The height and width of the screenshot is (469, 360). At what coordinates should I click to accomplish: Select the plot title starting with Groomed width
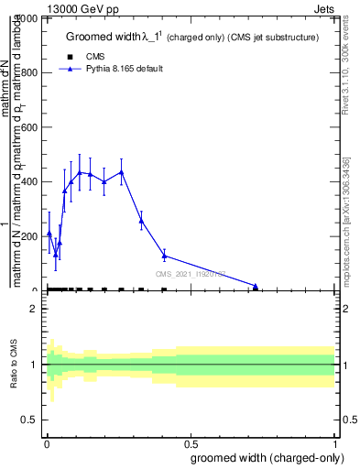(x=191, y=38)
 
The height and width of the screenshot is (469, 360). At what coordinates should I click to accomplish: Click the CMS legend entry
(x=96, y=57)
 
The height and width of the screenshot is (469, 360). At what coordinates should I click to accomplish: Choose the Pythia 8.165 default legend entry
(x=124, y=70)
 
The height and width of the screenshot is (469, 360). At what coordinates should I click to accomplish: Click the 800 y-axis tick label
(x=29, y=73)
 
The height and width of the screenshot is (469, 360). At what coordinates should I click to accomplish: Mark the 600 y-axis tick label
(x=29, y=127)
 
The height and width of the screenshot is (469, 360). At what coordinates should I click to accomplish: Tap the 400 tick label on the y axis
(x=29, y=182)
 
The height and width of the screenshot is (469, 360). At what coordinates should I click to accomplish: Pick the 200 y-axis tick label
(x=29, y=236)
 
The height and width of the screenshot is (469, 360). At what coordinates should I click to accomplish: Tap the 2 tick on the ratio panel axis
(x=34, y=310)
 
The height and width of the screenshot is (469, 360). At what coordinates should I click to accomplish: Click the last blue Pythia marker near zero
(x=256, y=287)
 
